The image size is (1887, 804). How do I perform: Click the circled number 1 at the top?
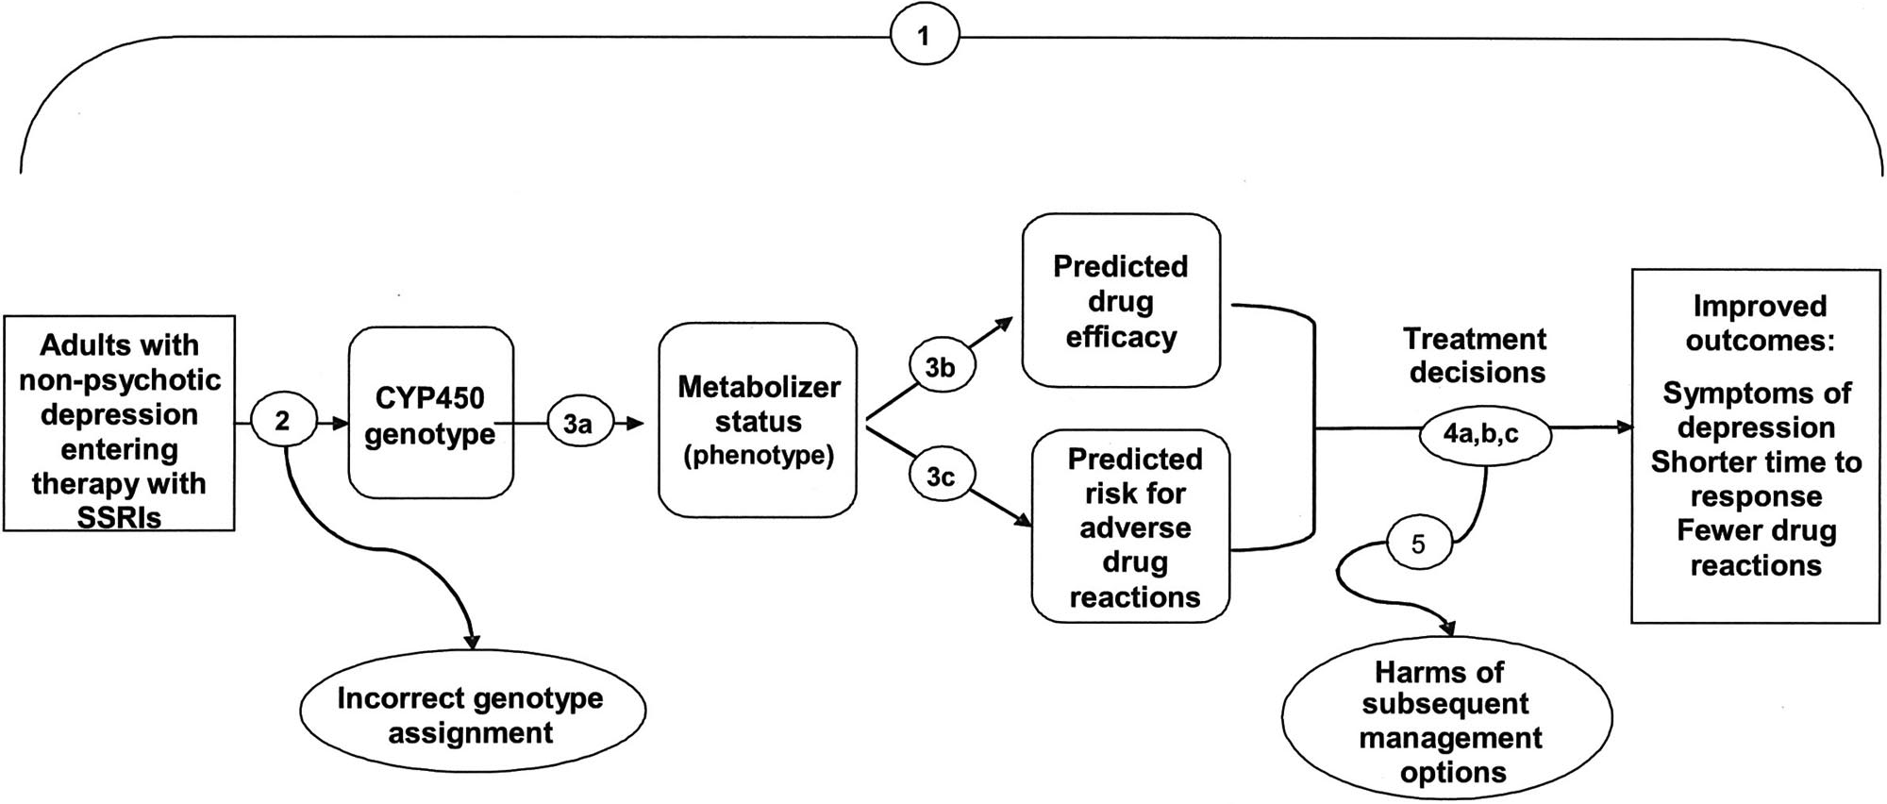pyautogui.click(x=924, y=37)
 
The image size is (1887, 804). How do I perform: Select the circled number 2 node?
pyautogui.click(x=282, y=422)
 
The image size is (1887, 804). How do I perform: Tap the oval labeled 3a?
pyautogui.click(x=578, y=424)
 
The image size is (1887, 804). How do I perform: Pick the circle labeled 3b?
pyautogui.click(x=940, y=368)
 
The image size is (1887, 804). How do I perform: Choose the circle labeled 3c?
pyautogui.click(x=940, y=477)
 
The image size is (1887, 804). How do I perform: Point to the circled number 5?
pyautogui.click(x=1418, y=544)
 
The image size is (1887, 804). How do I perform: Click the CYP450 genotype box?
pyautogui.click(x=430, y=412)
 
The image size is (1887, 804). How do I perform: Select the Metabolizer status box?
pyautogui.click(x=758, y=421)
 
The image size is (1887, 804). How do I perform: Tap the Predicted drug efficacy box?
pyautogui.click(x=1121, y=300)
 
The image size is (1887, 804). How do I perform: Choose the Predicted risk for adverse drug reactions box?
pyautogui.click(x=1131, y=527)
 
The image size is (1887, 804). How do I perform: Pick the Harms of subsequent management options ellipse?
pyautogui.click(x=1446, y=721)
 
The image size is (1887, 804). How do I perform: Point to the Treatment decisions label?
pyautogui.click(x=1476, y=355)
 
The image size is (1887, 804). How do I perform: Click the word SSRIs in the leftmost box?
pyautogui.click(x=120, y=517)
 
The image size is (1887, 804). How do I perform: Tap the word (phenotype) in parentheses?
pyautogui.click(x=758, y=456)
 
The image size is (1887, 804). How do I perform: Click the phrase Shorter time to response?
pyautogui.click(x=1756, y=478)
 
